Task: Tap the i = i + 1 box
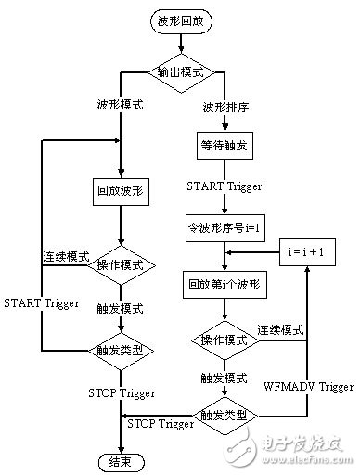click(305, 250)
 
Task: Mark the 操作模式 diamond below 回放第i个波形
click(227, 340)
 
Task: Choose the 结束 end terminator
click(119, 458)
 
